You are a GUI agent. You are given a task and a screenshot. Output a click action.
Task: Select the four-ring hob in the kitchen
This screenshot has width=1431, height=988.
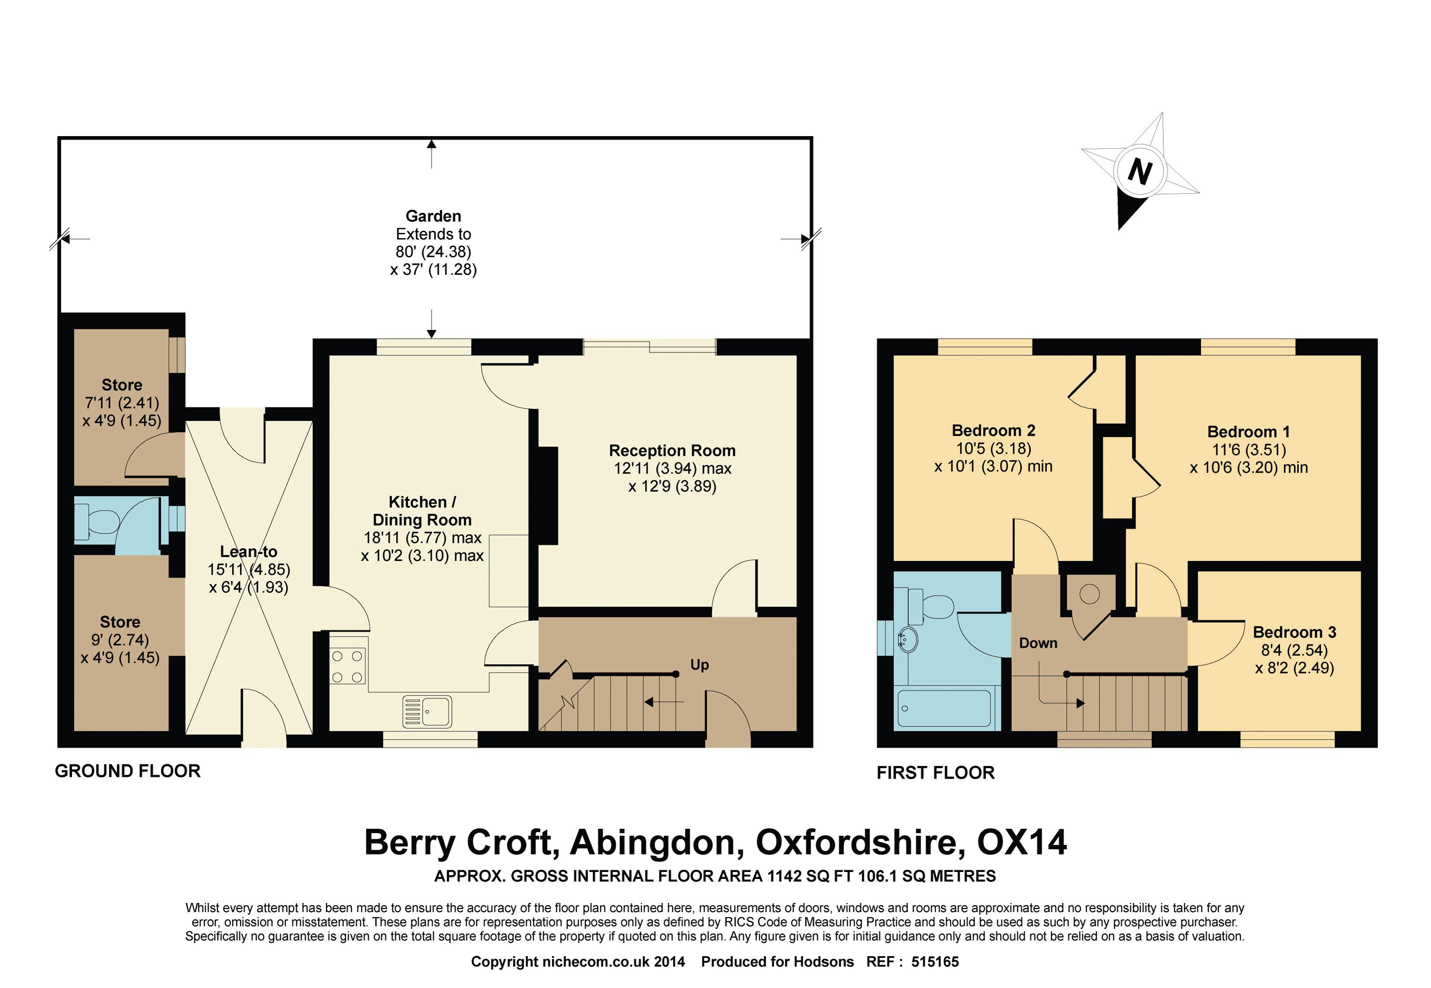(347, 666)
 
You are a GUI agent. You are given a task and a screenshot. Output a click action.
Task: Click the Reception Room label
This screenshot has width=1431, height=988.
(672, 451)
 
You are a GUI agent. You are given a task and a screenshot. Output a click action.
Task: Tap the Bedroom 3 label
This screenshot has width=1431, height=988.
(1294, 632)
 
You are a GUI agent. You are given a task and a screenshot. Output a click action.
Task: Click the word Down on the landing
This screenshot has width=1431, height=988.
(1038, 643)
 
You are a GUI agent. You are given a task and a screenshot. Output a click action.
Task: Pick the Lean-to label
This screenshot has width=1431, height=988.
(248, 551)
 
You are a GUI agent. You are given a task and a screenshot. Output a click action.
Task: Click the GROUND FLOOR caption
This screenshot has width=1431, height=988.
(127, 771)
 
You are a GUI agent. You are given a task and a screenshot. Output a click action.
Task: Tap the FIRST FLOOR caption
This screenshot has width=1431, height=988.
(936, 773)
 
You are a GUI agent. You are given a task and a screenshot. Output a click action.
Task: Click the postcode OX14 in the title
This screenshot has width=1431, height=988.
(1022, 842)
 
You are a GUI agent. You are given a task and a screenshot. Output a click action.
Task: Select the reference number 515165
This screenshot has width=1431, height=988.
(935, 961)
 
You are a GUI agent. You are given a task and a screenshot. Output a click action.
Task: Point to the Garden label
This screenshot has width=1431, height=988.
(434, 216)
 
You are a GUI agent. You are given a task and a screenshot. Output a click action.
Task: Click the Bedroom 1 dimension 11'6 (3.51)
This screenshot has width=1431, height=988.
(1248, 449)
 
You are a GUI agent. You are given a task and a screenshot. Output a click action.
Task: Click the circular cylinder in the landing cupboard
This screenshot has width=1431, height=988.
(1089, 594)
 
